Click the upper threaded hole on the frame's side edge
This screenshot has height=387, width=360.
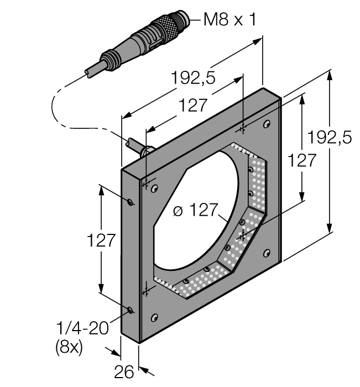tap(129, 202)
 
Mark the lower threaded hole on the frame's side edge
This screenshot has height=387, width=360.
tap(129, 310)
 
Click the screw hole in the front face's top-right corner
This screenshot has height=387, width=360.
tap(267, 123)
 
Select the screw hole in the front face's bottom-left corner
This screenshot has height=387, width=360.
tap(154, 317)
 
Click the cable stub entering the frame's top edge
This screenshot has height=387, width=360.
tap(135, 147)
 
